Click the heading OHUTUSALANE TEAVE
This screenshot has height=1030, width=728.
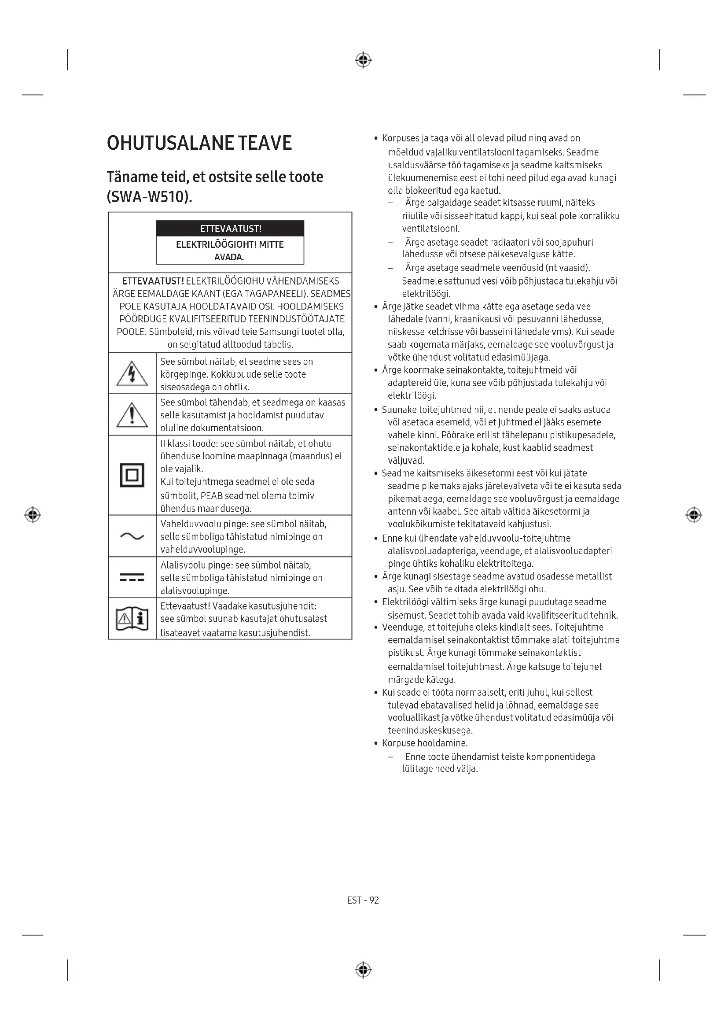(x=199, y=143)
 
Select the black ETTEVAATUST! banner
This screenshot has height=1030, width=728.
(x=230, y=229)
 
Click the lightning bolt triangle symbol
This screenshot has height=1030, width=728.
(x=132, y=374)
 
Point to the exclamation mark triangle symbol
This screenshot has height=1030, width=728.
(x=132, y=415)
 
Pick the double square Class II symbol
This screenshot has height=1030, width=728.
(x=132, y=475)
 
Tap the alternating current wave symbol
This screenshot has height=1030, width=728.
(x=132, y=536)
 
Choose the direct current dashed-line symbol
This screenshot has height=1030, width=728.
(x=132, y=577)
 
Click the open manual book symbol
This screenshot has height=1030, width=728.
(x=132, y=619)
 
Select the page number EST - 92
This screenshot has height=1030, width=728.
(x=363, y=901)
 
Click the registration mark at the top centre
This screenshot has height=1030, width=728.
(x=363, y=59)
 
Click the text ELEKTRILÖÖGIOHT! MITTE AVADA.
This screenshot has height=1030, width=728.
(x=229, y=251)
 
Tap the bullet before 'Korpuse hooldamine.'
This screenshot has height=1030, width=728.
(x=376, y=744)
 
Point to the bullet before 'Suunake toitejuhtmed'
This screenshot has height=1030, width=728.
(x=376, y=410)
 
